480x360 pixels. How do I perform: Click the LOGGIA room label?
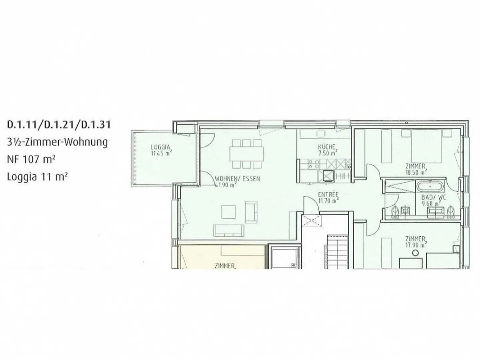coord(161,147)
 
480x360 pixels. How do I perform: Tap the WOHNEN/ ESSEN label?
coord(237,179)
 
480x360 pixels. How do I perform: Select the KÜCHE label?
coord(326,147)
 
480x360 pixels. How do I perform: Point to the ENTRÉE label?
coord(328,194)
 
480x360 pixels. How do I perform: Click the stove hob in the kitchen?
coord(314,164)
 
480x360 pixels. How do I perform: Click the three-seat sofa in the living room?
coord(228,229)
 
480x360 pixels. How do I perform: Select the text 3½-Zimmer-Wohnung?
coord(57,142)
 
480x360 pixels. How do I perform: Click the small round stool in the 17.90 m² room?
coord(415,253)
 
